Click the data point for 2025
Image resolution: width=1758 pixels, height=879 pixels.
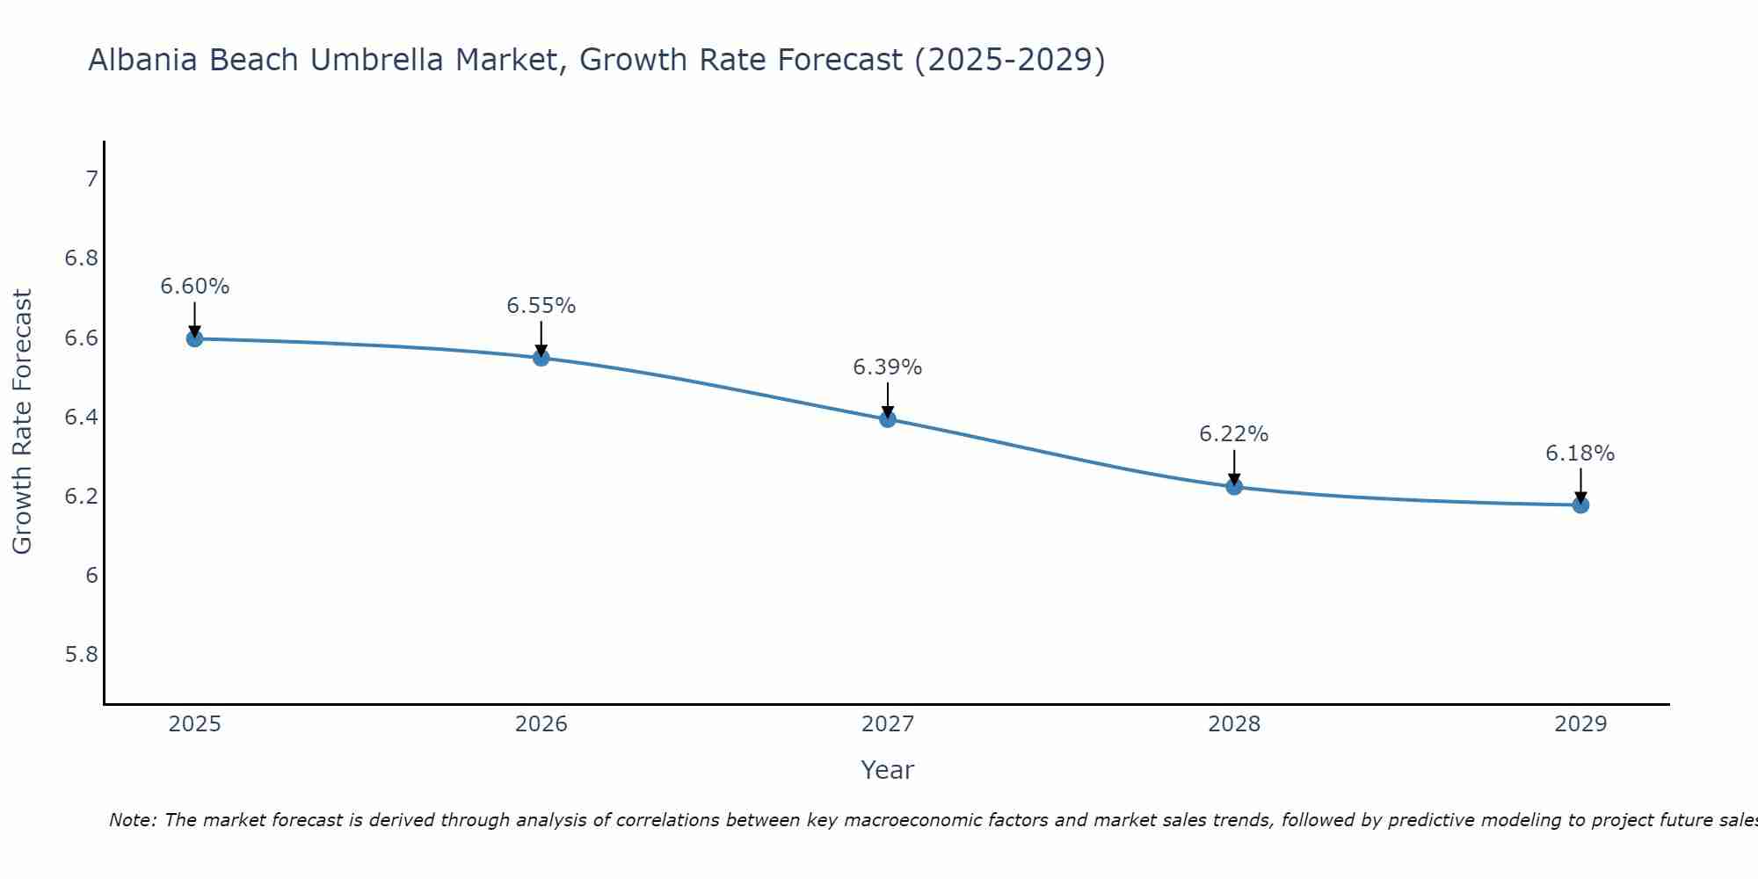[x=195, y=338]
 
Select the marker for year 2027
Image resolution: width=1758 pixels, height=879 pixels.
[x=888, y=419]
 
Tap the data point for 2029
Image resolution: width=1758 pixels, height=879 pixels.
[x=1580, y=505]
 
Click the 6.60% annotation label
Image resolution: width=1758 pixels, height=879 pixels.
[x=195, y=287]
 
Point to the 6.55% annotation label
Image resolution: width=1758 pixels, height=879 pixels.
[x=541, y=306]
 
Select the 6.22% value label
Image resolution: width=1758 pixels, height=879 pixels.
[x=1234, y=434]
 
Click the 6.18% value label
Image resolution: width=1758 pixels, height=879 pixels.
[x=1580, y=454]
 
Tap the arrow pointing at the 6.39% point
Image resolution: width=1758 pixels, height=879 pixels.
[x=888, y=401]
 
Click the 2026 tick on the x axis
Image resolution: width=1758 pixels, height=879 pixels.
[x=541, y=724]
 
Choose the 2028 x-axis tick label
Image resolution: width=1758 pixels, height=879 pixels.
[x=1234, y=724]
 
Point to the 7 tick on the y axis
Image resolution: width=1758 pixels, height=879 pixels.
[x=91, y=179]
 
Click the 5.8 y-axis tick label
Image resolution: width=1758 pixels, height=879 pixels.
[x=82, y=655]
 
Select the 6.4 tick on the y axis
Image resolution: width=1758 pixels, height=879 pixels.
[x=82, y=418]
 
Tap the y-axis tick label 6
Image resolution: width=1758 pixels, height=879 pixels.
[x=91, y=576]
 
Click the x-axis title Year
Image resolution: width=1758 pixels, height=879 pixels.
[x=888, y=770]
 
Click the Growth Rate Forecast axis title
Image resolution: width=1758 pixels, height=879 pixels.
[x=23, y=422]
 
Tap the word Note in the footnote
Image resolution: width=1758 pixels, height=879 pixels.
[x=132, y=820]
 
